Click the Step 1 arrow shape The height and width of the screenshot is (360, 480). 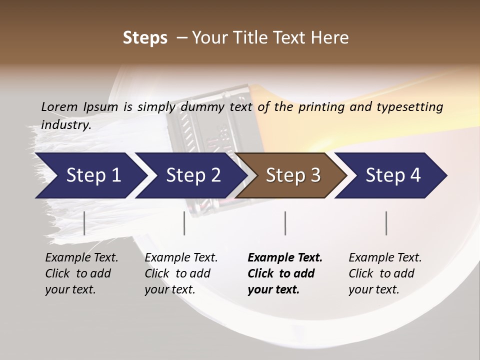click(x=90, y=175)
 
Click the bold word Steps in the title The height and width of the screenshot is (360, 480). click(x=145, y=38)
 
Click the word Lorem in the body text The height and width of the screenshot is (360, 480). click(x=59, y=106)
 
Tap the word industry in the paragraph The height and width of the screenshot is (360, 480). click(x=65, y=124)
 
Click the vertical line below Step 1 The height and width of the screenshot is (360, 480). click(x=84, y=223)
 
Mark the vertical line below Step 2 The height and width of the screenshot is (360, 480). click(x=184, y=223)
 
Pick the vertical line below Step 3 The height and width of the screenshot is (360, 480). click(x=285, y=223)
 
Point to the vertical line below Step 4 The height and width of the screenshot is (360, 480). click(x=386, y=223)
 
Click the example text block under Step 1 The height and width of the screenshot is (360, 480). click(x=81, y=273)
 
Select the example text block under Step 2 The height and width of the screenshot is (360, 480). click(x=181, y=273)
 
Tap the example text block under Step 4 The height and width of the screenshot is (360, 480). click(x=385, y=273)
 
